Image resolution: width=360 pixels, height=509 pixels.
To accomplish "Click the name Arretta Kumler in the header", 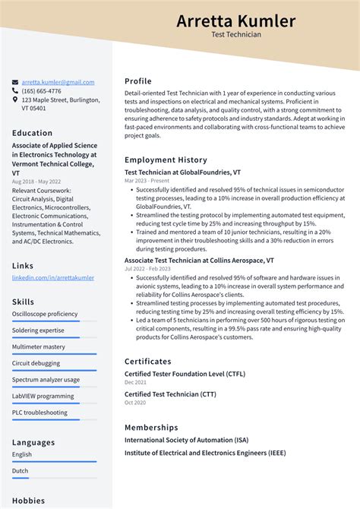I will click(x=236, y=21).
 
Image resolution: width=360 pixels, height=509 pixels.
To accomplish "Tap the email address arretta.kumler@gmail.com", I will click(x=58, y=82).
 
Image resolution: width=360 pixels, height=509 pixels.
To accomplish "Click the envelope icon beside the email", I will click(x=15, y=82).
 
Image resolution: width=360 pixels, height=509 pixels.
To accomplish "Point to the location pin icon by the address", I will click(x=15, y=100).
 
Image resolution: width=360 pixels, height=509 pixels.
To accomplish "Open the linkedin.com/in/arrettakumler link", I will click(x=53, y=277).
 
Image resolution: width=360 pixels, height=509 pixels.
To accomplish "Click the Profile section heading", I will click(x=138, y=81).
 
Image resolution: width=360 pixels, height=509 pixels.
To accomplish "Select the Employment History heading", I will click(x=166, y=160).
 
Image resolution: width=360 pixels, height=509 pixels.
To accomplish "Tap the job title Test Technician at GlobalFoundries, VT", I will click(x=183, y=172).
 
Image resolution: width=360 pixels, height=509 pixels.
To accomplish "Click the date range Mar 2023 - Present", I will click(x=147, y=181).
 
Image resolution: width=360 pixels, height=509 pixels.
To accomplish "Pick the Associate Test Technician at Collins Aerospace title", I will click(x=199, y=260).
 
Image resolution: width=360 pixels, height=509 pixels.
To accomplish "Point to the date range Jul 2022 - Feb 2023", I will click(x=149, y=269).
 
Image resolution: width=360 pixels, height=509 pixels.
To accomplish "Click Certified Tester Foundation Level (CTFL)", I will click(x=185, y=374).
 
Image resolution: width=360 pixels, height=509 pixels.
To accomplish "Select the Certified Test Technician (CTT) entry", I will click(x=170, y=394).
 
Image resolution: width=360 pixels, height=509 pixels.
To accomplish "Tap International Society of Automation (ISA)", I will click(x=188, y=440).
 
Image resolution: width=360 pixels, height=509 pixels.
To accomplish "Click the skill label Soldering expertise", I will click(x=38, y=330).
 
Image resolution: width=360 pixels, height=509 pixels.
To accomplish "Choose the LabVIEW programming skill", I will click(x=43, y=396).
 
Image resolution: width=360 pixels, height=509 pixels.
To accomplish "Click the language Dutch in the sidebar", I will click(x=21, y=471).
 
